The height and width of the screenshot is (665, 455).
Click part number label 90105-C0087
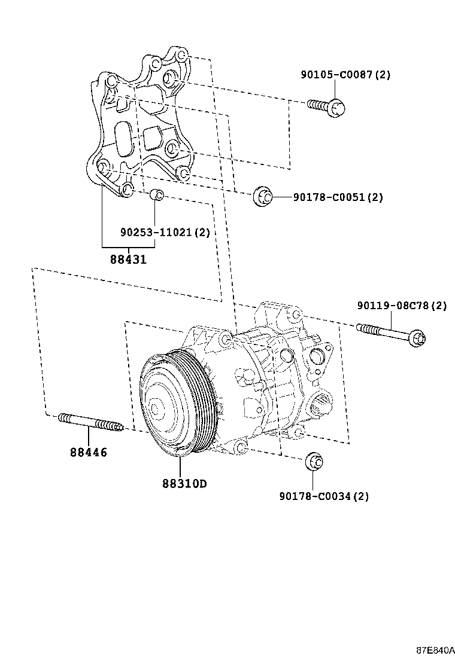point(345,75)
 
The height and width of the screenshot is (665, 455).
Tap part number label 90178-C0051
point(338,197)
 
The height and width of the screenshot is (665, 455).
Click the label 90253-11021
point(165,232)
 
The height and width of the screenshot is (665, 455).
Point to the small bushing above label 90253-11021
point(156,194)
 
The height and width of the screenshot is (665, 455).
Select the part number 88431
point(128,260)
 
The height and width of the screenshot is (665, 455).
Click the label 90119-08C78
point(402,306)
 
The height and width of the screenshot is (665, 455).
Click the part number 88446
point(88,453)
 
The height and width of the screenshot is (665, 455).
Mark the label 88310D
point(183,483)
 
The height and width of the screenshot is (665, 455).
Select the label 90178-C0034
point(323,496)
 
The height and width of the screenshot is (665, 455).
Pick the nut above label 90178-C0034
point(314,462)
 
